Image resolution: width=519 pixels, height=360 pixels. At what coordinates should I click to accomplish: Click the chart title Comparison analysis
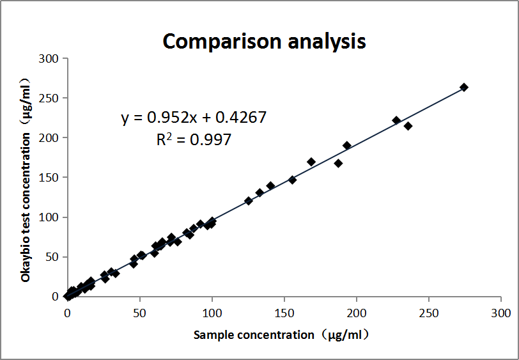(x=264, y=41)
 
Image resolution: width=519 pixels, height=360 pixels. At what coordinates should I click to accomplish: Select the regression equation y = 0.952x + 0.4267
(x=194, y=118)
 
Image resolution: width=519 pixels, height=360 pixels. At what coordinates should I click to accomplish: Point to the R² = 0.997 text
(x=194, y=139)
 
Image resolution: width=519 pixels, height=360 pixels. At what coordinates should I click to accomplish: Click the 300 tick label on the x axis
(x=500, y=313)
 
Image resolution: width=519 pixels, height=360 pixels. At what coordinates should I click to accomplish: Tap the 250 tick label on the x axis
(x=428, y=313)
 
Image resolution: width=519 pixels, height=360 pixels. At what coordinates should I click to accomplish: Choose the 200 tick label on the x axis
(x=356, y=313)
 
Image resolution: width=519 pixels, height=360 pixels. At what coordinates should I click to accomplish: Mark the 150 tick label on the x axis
(x=284, y=313)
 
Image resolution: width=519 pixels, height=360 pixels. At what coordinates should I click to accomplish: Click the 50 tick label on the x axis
(x=139, y=313)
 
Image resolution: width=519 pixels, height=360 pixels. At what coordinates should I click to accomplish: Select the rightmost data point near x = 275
(x=464, y=87)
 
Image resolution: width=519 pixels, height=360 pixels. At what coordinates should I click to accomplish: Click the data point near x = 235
(x=408, y=126)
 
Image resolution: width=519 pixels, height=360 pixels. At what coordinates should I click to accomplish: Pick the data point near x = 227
(x=396, y=120)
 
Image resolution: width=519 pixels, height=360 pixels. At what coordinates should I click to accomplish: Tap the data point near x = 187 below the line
(x=338, y=163)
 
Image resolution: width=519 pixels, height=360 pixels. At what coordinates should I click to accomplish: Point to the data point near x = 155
(x=292, y=180)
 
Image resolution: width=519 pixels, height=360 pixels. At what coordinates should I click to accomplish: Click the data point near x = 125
(x=249, y=201)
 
